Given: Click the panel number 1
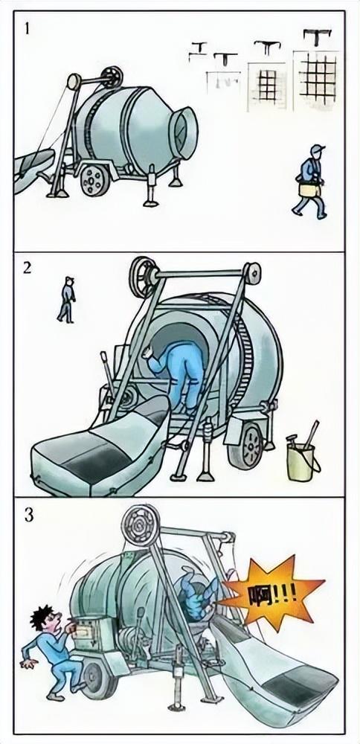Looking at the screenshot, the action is [x=27, y=29].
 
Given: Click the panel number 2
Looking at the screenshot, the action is [x=27, y=268].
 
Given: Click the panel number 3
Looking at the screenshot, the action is [x=28, y=516].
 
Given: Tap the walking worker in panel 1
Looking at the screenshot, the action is [x=311, y=182].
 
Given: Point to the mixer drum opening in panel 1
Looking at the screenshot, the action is [x=184, y=132].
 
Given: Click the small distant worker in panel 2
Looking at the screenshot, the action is [x=66, y=299].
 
